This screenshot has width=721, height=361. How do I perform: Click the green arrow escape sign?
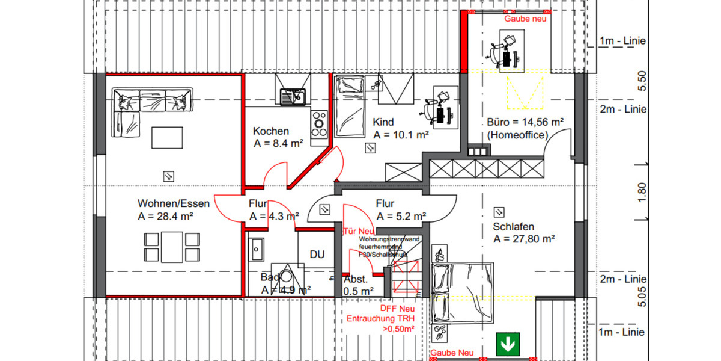pyautogui.click(x=508, y=344)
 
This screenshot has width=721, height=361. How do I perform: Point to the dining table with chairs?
pyautogui.click(x=171, y=247)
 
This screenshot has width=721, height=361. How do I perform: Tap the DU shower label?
pyautogui.click(x=317, y=255)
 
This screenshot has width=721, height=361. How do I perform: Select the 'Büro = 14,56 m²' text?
pyautogui.click(x=525, y=122)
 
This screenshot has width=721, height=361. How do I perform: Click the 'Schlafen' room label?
pyautogui.click(x=514, y=227)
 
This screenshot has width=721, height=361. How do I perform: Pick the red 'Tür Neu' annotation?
pyautogui.click(x=358, y=230)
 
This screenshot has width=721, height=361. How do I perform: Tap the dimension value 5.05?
pyautogui.click(x=641, y=296)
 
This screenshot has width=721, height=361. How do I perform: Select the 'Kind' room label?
pyautogui.click(x=383, y=122)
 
